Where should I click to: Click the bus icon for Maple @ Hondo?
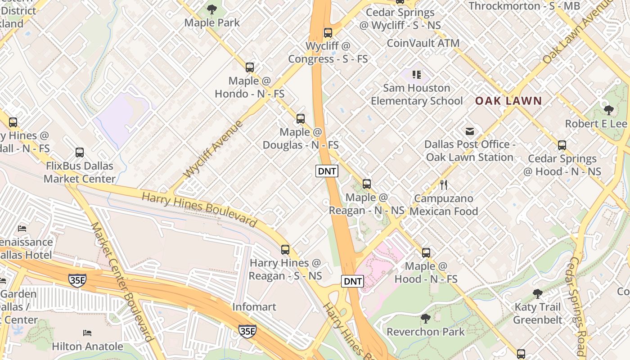point(250,67)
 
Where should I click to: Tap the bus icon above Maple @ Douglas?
point(301,119)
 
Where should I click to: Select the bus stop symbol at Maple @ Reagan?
point(367,184)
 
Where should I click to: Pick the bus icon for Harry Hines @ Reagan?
point(285,249)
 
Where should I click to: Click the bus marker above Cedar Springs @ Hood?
point(562,145)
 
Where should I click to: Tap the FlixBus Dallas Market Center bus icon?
point(80,152)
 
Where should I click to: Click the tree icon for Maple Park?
point(212,9)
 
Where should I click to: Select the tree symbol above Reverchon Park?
point(425,319)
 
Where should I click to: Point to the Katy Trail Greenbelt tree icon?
point(537,294)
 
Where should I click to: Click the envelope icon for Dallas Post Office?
point(470,131)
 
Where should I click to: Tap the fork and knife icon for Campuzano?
point(444,184)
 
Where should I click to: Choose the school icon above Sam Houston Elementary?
point(417,74)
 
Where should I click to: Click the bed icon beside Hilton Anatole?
point(87,333)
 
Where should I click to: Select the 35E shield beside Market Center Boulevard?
point(77,280)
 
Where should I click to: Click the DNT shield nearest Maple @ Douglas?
point(327,171)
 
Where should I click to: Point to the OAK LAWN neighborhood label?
point(508,101)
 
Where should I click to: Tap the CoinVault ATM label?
point(423,43)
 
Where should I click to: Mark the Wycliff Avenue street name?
point(213,148)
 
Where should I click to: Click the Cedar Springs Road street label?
point(578,306)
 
